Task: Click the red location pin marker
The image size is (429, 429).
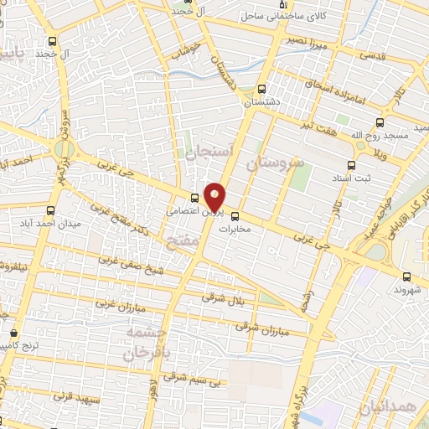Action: [x=214, y=197]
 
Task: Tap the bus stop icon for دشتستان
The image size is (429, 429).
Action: [x=262, y=89]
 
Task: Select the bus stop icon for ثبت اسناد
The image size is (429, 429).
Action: [x=350, y=165]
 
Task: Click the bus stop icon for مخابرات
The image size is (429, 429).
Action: [x=235, y=214]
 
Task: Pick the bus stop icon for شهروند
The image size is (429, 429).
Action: [x=406, y=277]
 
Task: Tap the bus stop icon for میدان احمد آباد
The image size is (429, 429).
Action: [x=52, y=210]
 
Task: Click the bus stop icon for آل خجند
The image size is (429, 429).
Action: [x=53, y=41]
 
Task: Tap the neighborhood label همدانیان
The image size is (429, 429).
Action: [x=385, y=407]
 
